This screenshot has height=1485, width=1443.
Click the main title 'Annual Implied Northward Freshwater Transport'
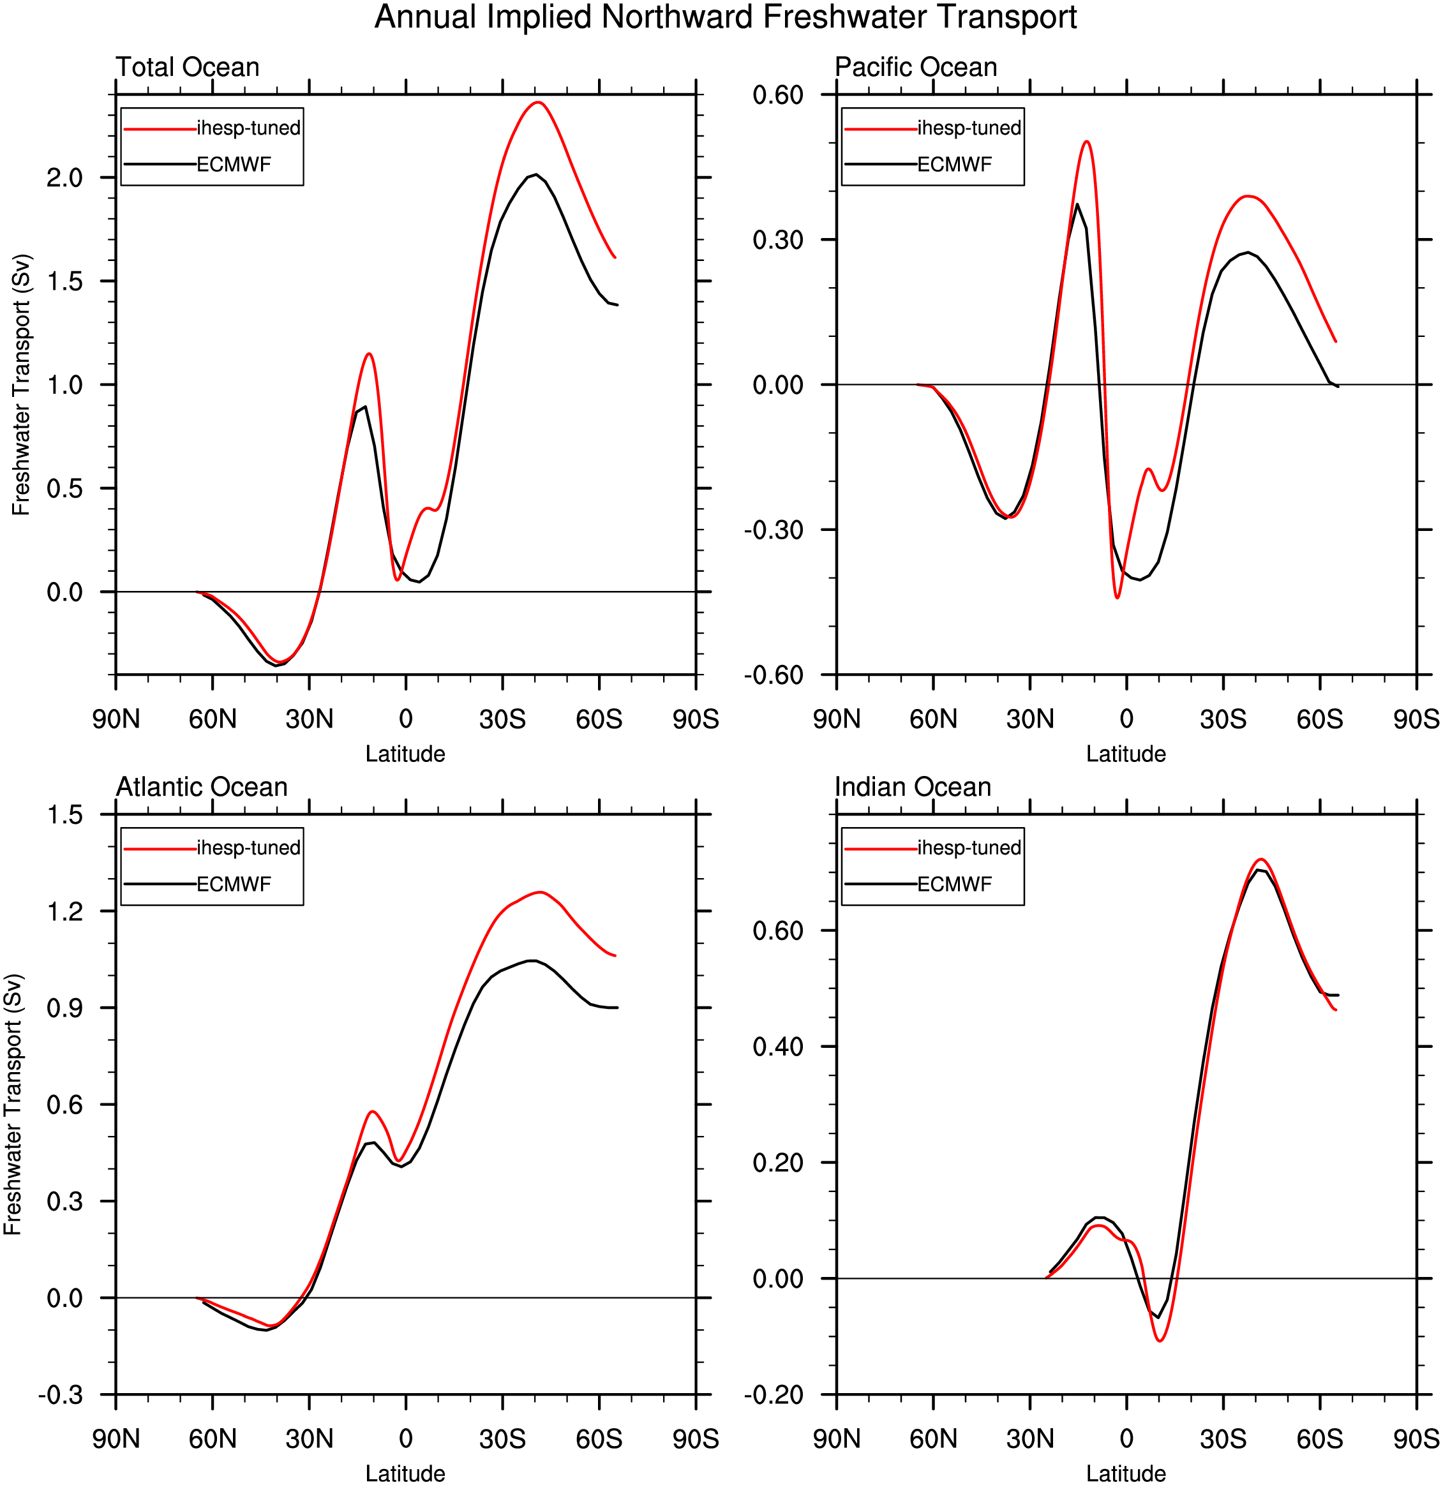[725, 17]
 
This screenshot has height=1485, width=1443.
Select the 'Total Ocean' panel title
[187, 68]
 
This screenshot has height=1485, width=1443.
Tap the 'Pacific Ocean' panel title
[915, 68]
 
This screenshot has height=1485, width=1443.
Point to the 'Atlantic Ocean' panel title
[202, 787]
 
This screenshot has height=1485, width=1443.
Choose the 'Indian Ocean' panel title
[913, 787]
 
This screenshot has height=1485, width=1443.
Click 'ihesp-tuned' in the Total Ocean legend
[249, 128]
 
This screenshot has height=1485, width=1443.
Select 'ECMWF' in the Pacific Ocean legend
[954, 165]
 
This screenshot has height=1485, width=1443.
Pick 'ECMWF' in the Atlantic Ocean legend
[234, 884]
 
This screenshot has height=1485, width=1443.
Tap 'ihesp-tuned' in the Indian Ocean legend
[969, 848]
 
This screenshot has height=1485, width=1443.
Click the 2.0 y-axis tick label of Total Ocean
[64, 178]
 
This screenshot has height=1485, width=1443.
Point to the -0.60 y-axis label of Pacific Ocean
[773, 675]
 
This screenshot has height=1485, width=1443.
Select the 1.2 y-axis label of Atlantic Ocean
[64, 911]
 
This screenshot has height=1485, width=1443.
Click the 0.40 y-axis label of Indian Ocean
[777, 1047]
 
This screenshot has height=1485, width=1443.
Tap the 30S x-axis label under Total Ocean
[502, 719]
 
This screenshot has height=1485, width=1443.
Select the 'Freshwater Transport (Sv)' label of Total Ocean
[21, 385]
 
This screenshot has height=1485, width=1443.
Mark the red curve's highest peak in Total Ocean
[538, 102]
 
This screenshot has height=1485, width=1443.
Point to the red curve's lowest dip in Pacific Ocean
[1117, 598]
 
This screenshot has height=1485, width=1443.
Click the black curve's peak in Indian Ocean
[1258, 870]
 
